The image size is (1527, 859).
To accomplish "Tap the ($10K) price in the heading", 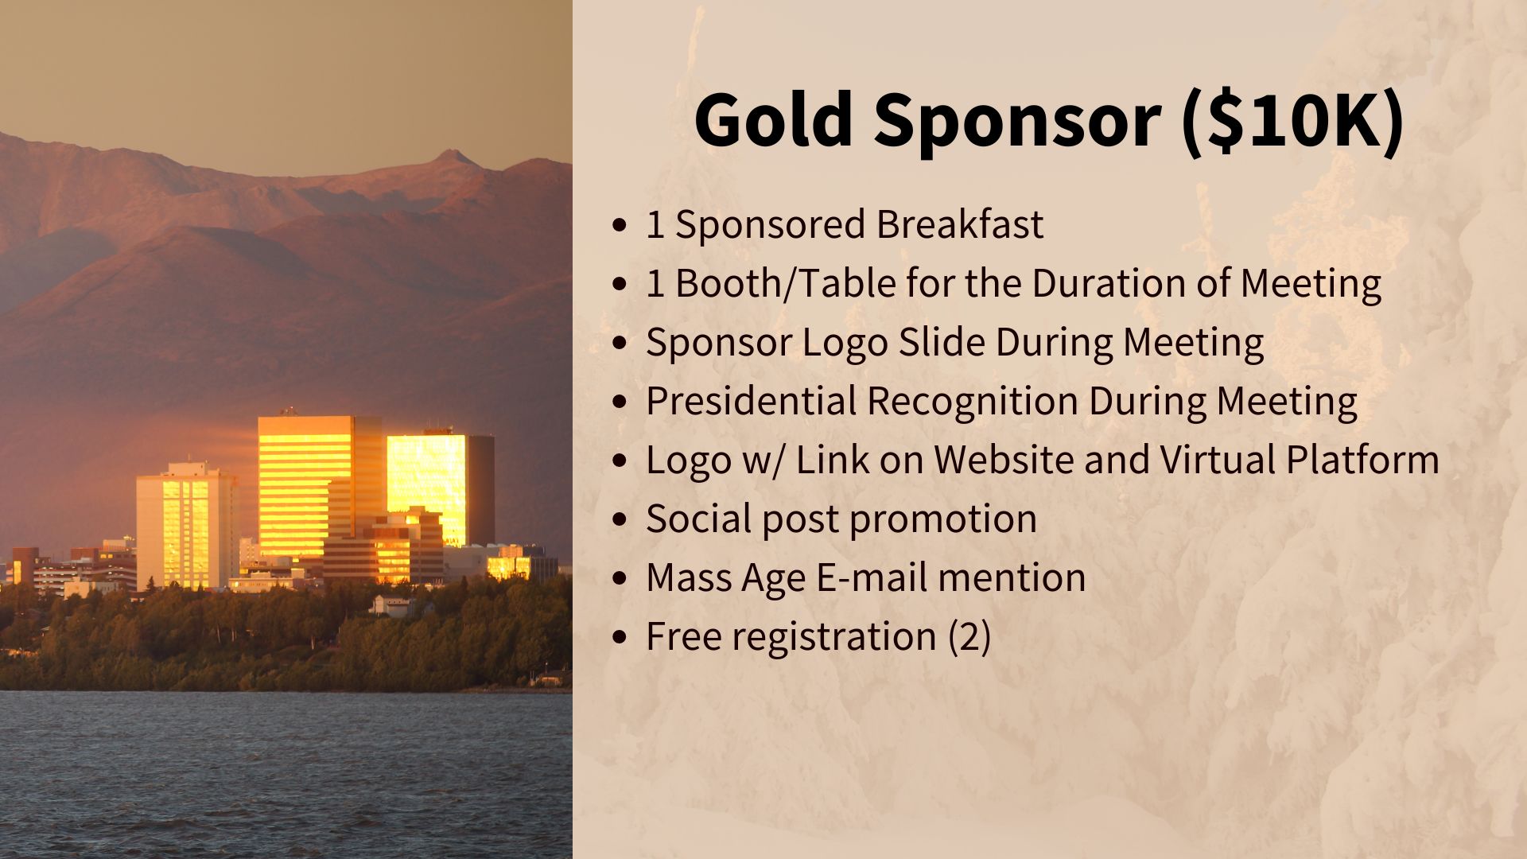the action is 1293,122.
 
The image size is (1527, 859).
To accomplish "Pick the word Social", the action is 697,519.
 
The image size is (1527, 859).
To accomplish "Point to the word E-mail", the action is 872,577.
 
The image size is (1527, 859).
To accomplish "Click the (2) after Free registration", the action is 969,637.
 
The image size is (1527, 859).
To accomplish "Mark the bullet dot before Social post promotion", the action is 620,520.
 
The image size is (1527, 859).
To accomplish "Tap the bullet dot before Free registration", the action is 620,638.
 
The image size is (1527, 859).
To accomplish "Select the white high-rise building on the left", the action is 186,527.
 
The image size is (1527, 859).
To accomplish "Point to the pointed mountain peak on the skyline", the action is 455,154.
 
